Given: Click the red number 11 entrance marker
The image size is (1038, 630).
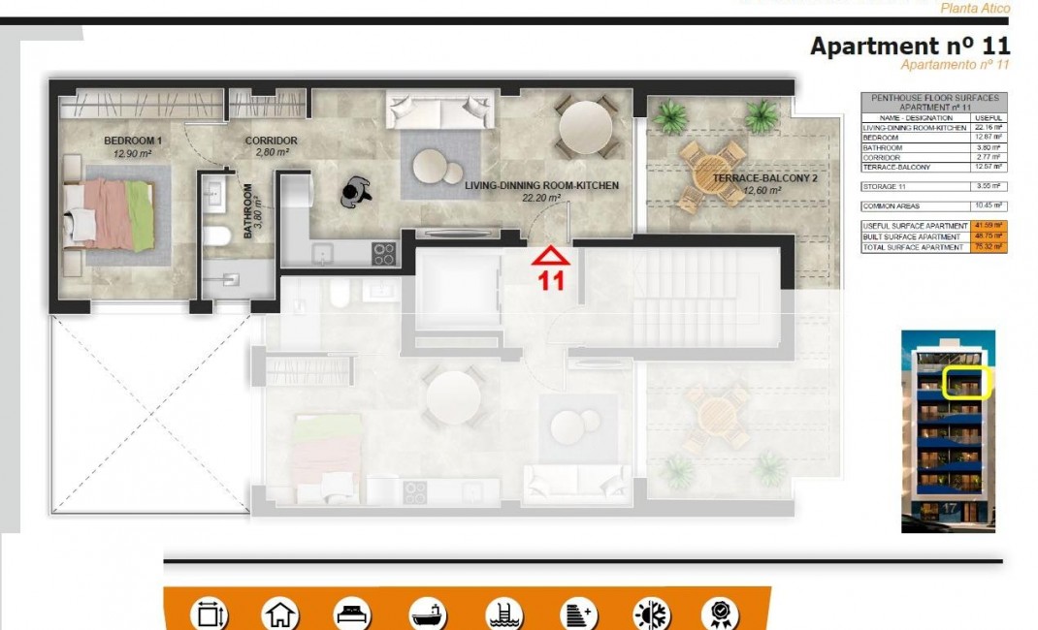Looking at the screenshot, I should pos(551,282).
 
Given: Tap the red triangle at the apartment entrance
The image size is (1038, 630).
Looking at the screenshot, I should pos(551,257).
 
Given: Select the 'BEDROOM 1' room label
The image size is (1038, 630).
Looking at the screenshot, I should pos(133,141).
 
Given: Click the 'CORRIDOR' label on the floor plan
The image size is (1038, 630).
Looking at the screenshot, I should pos(271,141).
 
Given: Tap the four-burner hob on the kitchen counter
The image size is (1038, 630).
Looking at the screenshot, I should pos(384,254).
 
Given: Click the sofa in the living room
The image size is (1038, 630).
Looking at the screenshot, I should pos(441,109).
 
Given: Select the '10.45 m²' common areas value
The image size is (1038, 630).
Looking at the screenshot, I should pos(989,206).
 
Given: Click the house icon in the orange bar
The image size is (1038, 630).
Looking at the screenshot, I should pos(280,614).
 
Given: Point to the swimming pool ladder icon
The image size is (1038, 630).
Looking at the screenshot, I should pos(503,614).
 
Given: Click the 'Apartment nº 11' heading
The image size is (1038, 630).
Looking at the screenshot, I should pos(909,46).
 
